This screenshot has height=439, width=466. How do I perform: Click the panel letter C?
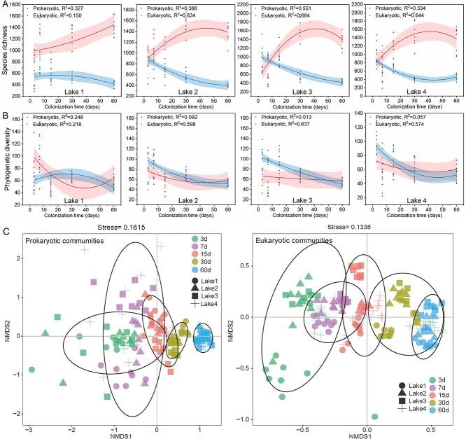coord(5,226)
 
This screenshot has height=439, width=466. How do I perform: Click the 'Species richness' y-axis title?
coord(6,57)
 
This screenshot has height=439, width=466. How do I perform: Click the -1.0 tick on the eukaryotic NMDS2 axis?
coord(242,419)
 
